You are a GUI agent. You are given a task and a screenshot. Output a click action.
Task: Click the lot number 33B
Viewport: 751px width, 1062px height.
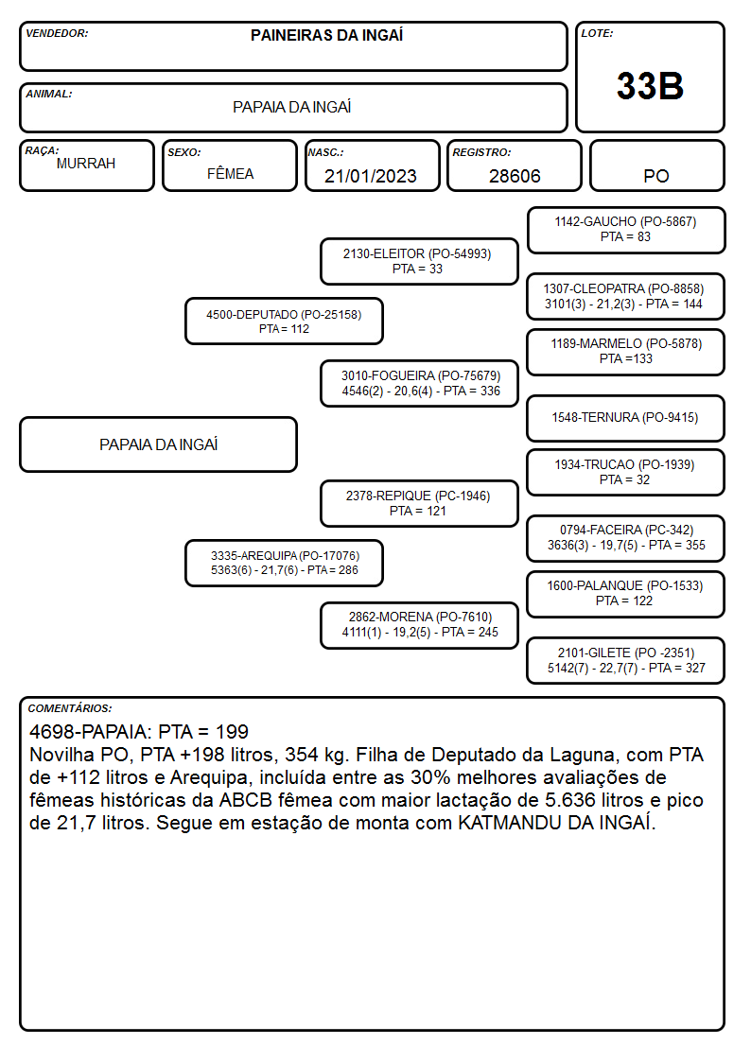(x=650, y=86)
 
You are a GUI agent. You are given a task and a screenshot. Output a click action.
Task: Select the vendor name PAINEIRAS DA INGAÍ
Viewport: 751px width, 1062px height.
(x=326, y=35)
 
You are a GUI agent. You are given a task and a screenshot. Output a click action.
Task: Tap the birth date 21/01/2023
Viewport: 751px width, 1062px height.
(x=371, y=176)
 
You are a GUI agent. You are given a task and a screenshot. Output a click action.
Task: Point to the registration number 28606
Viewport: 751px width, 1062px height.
(x=515, y=176)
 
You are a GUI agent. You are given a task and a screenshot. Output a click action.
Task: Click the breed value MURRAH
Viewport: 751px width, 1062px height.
(x=86, y=164)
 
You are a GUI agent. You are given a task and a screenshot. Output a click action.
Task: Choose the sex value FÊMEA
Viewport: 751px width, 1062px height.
(x=230, y=173)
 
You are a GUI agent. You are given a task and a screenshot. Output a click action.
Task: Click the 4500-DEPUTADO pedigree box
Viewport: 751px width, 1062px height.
(x=284, y=321)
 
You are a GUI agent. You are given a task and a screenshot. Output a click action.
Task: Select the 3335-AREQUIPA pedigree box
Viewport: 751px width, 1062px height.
(x=284, y=563)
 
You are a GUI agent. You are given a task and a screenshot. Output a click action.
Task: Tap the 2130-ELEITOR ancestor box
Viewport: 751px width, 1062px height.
(x=419, y=261)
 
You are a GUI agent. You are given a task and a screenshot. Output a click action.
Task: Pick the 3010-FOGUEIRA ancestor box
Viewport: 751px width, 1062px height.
(x=419, y=383)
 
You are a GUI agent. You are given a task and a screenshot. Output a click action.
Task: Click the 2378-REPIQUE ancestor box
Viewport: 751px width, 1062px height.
(x=419, y=503)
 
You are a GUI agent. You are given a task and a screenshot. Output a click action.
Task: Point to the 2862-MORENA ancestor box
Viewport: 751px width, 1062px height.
(x=419, y=625)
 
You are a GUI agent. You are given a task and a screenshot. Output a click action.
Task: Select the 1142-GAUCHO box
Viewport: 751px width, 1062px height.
(x=626, y=231)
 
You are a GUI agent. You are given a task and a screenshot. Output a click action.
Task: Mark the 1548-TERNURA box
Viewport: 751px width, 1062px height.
(x=626, y=418)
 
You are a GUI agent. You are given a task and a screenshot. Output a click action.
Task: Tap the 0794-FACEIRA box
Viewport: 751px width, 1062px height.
(x=626, y=538)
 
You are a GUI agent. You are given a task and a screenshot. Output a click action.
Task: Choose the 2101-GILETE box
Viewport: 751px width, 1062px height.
(x=626, y=660)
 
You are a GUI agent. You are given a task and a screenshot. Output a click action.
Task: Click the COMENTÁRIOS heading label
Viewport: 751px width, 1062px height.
(x=70, y=708)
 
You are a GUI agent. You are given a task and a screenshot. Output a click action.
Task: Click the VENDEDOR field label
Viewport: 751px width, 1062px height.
(x=57, y=33)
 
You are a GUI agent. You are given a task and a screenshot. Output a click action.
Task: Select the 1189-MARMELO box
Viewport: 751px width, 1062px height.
(x=626, y=352)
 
